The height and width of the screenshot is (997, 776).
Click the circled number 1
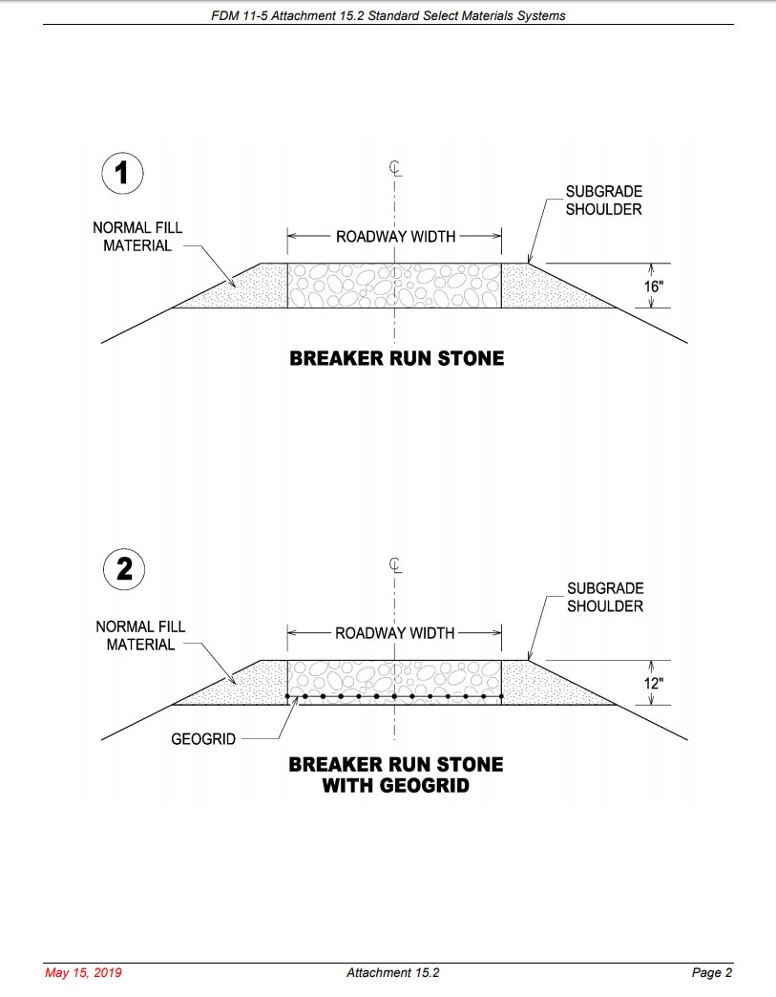point(123,173)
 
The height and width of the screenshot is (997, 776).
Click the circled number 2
point(124,570)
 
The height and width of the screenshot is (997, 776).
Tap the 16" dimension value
point(653,286)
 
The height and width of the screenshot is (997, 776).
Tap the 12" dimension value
point(653,683)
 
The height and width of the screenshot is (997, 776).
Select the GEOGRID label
point(203,739)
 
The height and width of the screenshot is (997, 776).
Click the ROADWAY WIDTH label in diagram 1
point(395,237)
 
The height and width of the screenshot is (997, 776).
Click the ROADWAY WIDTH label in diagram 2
point(395,633)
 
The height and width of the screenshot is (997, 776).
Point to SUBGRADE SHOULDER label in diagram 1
point(603,201)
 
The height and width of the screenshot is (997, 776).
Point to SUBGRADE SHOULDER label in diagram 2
point(604,598)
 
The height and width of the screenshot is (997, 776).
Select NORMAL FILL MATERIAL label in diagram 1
point(137,237)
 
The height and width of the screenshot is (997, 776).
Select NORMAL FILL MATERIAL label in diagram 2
point(140,635)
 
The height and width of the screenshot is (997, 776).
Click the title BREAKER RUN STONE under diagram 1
point(396,359)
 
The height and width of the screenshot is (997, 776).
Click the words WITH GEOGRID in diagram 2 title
point(396,787)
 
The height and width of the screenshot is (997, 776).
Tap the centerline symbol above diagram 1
point(395,169)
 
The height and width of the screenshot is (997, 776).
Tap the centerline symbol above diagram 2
point(395,564)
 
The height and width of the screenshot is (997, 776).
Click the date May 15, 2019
point(84,973)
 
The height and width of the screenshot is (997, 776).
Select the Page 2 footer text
point(711,973)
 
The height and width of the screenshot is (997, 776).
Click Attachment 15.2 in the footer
point(392,973)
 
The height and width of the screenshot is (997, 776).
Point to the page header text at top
point(388,15)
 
